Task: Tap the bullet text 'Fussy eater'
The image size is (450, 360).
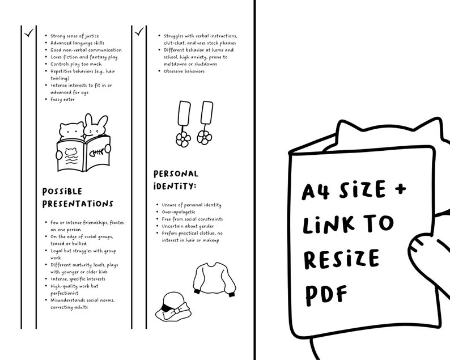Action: coord(63,99)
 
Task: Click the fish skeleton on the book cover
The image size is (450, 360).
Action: coord(97,153)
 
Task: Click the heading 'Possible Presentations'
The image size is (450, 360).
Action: coord(78,197)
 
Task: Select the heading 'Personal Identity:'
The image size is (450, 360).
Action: coord(176,180)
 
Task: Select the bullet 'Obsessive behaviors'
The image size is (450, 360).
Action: coord(184,71)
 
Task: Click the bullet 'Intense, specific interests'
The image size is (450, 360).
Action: coord(78,279)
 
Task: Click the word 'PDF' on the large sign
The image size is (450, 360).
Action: coord(327,293)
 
